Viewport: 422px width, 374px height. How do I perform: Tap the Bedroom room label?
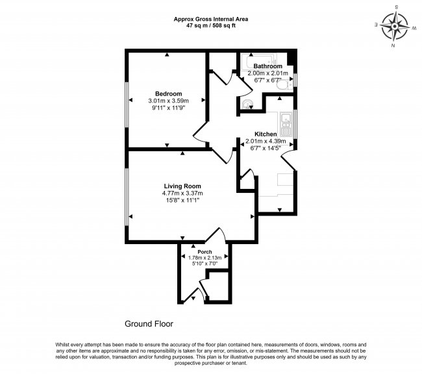click(168, 93)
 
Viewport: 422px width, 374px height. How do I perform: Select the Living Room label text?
click(182, 186)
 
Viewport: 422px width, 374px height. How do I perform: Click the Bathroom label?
click(267, 66)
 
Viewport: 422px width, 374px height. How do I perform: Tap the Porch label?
click(205, 251)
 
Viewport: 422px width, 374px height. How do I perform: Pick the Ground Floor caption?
click(149, 323)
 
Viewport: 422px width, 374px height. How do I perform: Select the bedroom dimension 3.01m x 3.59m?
click(168, 101)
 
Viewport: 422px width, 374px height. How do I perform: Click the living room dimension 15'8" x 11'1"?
click(182, 201)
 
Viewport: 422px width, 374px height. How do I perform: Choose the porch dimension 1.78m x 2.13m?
click(205, 258)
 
